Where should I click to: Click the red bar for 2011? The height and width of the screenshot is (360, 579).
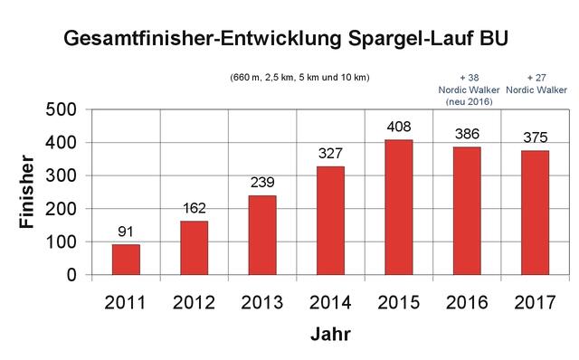click(x=126, y=260)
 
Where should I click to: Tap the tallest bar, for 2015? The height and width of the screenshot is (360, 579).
click(x=399, y=207)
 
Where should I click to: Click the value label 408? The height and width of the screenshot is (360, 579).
click(x=399, y=128)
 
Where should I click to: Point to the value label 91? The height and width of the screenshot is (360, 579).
click(x=126, y=232)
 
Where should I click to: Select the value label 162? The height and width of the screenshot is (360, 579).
click(x=195, y=209)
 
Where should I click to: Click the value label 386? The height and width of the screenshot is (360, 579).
click(x=467, y=135)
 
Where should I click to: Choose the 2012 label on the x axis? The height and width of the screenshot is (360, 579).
click(x=195, y=301)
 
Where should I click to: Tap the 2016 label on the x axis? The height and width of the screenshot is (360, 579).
click(x=467, y=301)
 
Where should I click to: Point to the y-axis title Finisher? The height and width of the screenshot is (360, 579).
click(x=27, y=193)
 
